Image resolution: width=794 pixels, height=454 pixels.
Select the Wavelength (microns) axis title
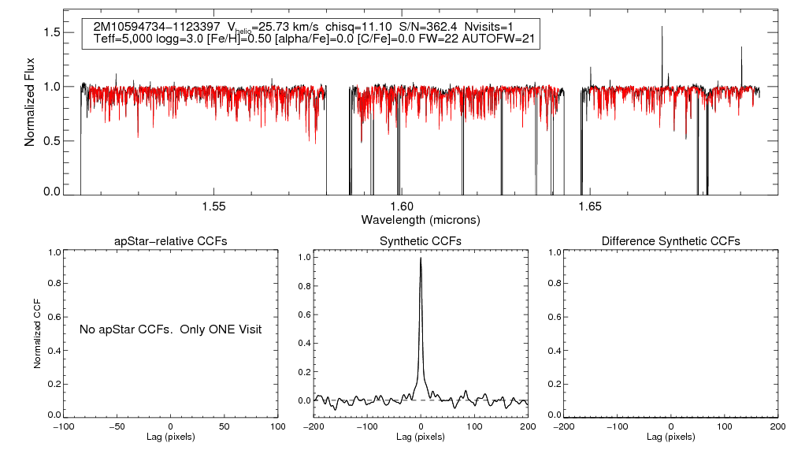[x=421, y=219]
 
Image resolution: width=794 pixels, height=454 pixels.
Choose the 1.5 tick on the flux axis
[x=51, y=32]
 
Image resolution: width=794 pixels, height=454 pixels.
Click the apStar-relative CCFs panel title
[x=171, y=240]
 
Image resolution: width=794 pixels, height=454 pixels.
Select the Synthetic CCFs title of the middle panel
[x=421, y=240]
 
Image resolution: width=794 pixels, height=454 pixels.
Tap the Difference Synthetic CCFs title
[x=670, y=240]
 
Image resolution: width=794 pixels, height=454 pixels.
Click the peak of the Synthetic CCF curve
[x=421, y=258]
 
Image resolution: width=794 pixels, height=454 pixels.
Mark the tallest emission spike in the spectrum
[x=662, y=27]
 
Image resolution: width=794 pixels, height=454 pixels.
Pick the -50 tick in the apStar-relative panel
[x=117, y=426]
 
